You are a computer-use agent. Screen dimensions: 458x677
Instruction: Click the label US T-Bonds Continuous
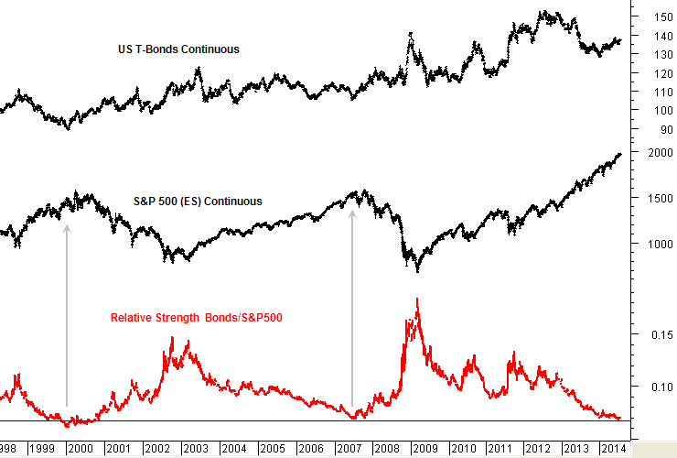(x=180, y=49)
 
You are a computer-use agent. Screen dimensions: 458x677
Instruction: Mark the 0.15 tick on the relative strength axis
(x=661, y=335)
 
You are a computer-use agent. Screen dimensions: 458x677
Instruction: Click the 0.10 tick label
(x=661, y=387)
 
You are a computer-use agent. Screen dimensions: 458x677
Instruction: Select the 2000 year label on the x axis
(x=79, y=448)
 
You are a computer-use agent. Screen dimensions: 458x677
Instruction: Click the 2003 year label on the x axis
(x=195, y=448)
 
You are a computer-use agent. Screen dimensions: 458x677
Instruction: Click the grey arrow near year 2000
(x=67, y=311)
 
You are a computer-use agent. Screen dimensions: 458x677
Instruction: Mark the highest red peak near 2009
(x=417, y=299)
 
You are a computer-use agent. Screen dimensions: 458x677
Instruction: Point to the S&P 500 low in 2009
(x=417, y=271)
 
